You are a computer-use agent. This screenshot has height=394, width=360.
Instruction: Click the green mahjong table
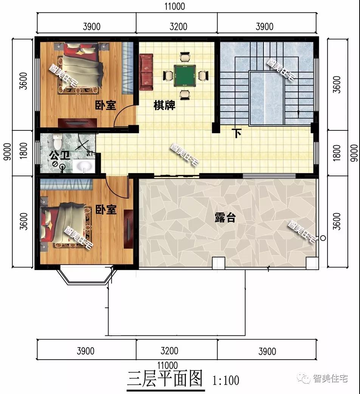click(x=185, y=75)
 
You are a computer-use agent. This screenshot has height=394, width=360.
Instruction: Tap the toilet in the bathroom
click(x=57, y=141)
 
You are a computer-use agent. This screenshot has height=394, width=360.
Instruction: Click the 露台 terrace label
click(x=225, y=217)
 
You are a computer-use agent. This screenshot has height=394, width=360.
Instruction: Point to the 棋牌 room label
click(x=164, y=105)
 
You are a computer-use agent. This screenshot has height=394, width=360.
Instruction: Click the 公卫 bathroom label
click(x=59, y=155)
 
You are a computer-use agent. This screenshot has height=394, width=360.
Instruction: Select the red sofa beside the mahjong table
click(x=146, y=72)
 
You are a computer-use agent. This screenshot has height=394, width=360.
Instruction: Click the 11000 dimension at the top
click(x=175, y=6)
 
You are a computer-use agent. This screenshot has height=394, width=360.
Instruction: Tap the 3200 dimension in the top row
click(x=178, y=26)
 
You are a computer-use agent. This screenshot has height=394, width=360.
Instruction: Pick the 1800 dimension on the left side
click(x=23, y=151)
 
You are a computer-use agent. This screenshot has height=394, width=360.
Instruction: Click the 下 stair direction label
click(x=237, y=133)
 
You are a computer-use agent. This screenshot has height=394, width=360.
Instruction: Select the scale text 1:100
click(x=226, y=380)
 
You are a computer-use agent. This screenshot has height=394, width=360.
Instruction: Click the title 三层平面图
click(x=165, y=379)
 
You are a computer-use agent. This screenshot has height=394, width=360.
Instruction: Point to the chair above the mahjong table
click(x=185, y=57)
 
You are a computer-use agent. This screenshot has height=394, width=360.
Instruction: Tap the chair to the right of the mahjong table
click(x=203, y=75)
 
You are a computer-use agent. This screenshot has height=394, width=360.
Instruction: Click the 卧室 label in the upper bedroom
click(x=106, y=105)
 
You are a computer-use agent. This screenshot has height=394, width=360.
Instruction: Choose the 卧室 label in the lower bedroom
click(x=106, y=209)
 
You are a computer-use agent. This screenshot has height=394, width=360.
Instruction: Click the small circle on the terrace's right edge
click(x=323, y=238)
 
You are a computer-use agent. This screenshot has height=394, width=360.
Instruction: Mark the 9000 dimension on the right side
click(x=354, y=153)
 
